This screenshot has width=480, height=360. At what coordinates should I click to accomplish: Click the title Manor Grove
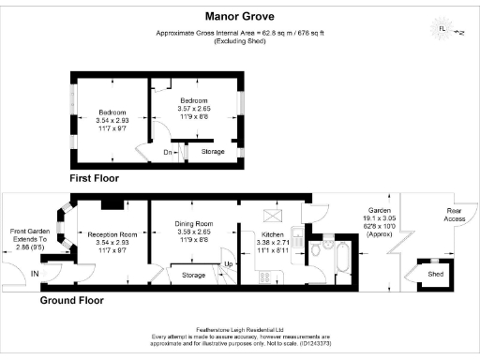click(239, 15)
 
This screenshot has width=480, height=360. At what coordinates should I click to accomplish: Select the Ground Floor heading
click(71, 301)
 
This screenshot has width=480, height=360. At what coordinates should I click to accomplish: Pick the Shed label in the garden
click(434, 275)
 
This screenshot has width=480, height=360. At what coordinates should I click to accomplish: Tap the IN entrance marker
click(35, 275)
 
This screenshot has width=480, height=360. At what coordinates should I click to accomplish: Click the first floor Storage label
click(213, 150)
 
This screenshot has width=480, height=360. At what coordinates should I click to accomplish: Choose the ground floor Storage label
click(193, 275)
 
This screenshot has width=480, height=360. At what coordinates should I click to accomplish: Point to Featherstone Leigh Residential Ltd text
click(239, 329)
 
